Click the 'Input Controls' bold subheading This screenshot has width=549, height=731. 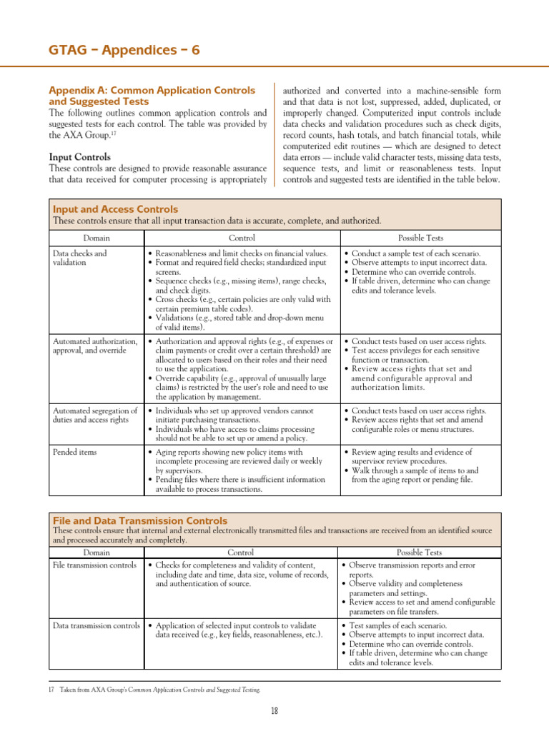pos(79,156)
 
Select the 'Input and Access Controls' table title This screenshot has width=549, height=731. pos(116,209)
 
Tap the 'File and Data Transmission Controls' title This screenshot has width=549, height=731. pos(140,520)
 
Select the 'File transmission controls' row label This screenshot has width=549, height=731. pos(94,565)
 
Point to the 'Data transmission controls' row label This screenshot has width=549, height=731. pos(97,625)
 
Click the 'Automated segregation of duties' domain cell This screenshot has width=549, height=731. pos(95,415)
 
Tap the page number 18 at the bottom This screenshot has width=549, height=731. pos(274,710)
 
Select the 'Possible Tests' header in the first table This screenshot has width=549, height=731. pos(420,238)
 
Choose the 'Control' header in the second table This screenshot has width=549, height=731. pos(240,552)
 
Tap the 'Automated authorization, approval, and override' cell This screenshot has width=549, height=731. pos(95,346)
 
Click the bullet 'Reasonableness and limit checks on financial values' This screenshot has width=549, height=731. pos(240,253)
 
